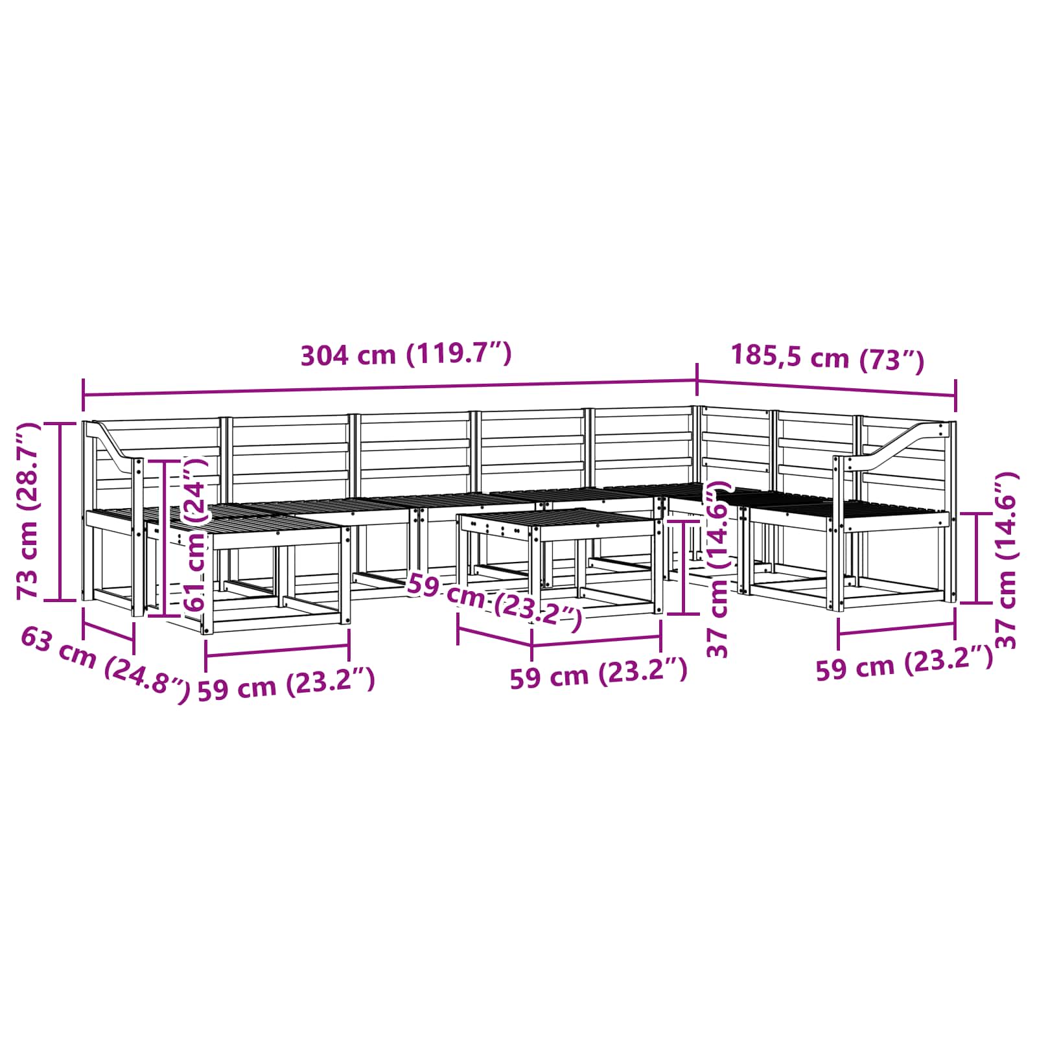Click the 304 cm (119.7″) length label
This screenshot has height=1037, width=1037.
(406, 355)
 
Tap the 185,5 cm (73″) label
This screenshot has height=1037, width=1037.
(828, 356)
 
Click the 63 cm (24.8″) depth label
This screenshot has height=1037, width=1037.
(106, 664)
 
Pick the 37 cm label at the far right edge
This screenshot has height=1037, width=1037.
(1007, 561)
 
